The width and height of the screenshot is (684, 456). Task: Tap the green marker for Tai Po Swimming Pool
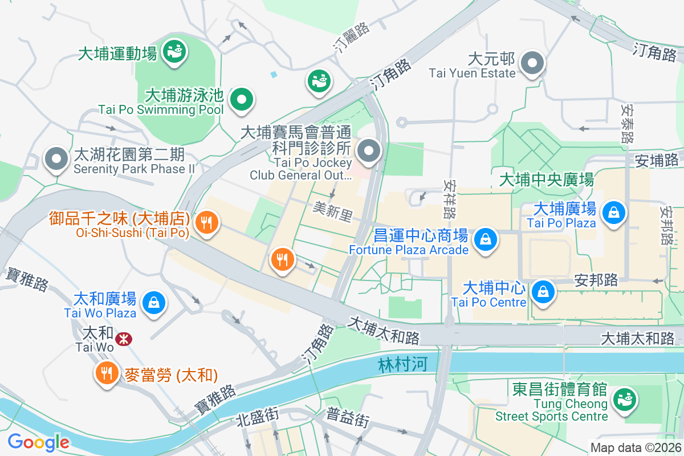(x=242, y=100)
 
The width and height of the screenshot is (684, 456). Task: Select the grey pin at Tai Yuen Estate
(x=533, y=64)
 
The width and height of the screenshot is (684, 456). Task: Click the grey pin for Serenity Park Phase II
(x=56, y=160)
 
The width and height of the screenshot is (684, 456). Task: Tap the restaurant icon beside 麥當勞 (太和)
(x=105, y=373)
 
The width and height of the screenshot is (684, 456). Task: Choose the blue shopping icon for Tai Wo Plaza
(x=154, y=302)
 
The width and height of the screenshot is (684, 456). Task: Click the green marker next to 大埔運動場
(x=173, y=52)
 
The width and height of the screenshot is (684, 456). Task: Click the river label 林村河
(x=402, y=364)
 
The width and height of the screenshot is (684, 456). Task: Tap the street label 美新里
(x=333, y=211)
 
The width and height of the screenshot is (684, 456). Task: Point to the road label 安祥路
(x=449, y=199)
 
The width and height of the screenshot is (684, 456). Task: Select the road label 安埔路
(x=657, y=161)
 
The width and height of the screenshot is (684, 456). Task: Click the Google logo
(x=38, y=442)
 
